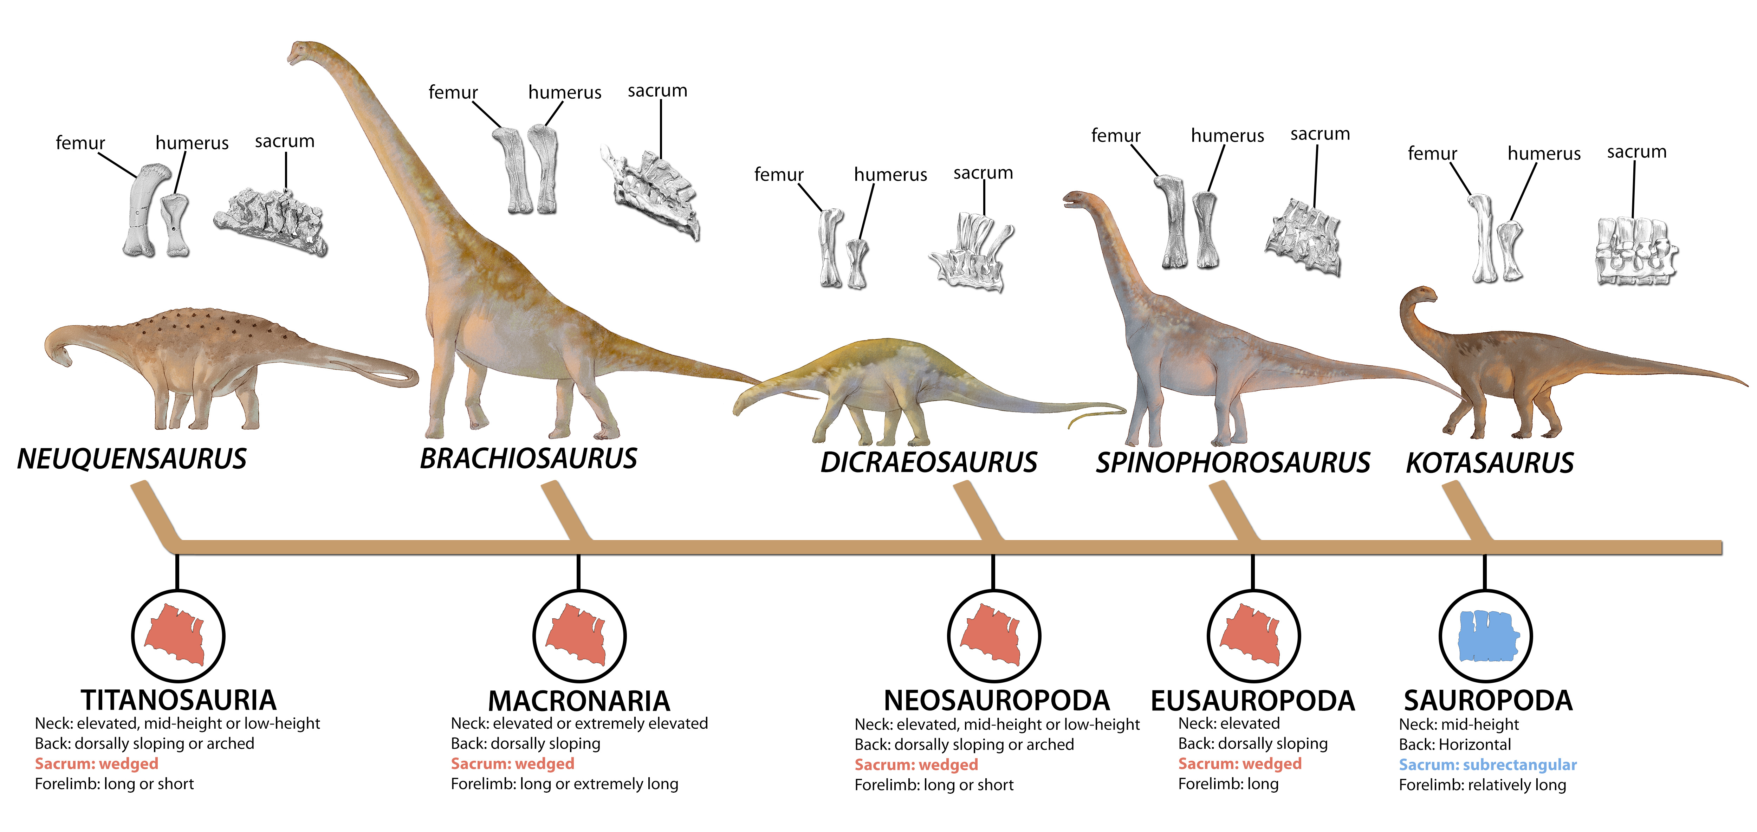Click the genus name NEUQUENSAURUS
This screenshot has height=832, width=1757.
pyautogui.click(x=132, y=459)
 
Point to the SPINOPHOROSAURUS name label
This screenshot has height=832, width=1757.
pyautogui.click(x=1232, y=462)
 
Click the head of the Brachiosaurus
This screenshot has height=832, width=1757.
pyautogui.click(x=300, y=52)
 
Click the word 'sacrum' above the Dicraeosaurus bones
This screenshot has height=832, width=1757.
pyautogui.click(x=983, y=173)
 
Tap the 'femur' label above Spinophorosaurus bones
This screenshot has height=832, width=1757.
pyautogui.click(x=1115, y=136)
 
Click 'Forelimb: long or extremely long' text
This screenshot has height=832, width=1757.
pyautogui.click(x=564, y=784)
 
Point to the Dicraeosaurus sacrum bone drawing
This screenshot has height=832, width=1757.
pyautogui.click(x=972, y=252)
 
